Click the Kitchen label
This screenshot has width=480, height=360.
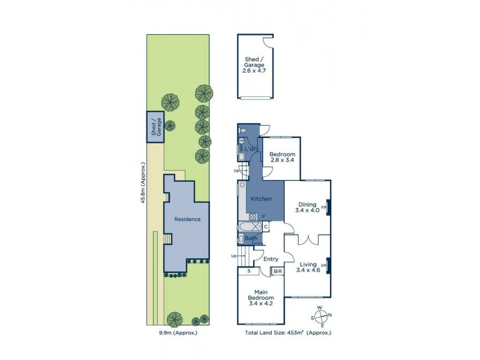click(261, 199)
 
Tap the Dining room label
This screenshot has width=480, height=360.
click(307, 207)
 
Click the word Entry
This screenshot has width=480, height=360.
click(271, 259)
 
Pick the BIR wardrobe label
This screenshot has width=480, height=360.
click(278, 272)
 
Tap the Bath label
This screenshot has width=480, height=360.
click(251, 238)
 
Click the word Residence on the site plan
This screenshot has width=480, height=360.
click(187, 219)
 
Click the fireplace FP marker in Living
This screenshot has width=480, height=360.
click(325, 265)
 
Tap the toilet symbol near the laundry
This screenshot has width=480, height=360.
click(242, 130)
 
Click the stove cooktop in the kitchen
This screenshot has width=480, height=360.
click(253, 217)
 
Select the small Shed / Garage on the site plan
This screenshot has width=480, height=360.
click(156, 127)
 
